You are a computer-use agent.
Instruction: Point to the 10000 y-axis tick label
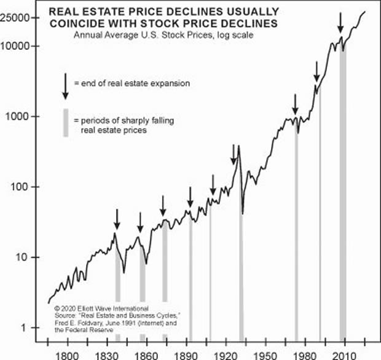pos(19,46)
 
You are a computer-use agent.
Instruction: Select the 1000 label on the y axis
pos(22,116)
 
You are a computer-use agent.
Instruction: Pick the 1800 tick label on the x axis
pos(66,353)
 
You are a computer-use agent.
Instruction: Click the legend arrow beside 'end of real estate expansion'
pos(66,87)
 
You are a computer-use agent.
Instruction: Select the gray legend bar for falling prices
pos(66,122)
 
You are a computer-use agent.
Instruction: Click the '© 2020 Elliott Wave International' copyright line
pos(92,306)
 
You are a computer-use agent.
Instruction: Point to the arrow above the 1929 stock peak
pos(234,154)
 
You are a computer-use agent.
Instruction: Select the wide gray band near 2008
pos(342,184)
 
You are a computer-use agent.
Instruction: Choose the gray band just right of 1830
pos(117,289)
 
